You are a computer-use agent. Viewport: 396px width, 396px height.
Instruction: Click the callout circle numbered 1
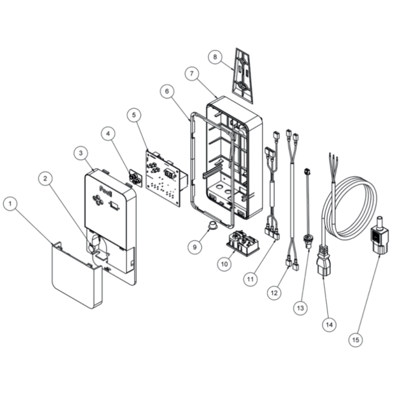tap(10, 203)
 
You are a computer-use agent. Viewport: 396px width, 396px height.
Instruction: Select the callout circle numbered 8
tap(215, 57)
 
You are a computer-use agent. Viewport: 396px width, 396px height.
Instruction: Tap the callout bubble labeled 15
tap(355, 340)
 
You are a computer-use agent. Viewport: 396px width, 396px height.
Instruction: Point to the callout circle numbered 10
tap(224, 264)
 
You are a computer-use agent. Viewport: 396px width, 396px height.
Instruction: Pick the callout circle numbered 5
tap(134, 115)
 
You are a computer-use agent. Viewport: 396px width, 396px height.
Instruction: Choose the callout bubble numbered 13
tap(300, 308)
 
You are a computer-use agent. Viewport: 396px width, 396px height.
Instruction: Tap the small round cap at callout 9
tap(213, 225)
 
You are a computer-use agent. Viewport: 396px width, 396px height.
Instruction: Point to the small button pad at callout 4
tap(135, 177)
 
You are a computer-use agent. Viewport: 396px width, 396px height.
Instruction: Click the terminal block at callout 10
tap(243, 243)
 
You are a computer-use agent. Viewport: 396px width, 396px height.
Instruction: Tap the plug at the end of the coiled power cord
tap(323, 260)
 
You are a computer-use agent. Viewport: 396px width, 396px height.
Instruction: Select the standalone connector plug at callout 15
tap(379, 236)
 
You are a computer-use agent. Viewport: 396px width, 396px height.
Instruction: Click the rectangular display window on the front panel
tap(114, 204)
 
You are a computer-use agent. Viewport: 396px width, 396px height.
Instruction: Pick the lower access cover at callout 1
tap(77, 275)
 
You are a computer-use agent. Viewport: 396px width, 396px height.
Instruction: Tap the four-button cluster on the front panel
tap(98, 199)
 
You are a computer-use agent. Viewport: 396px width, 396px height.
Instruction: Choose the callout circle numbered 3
tap(81, 153)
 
